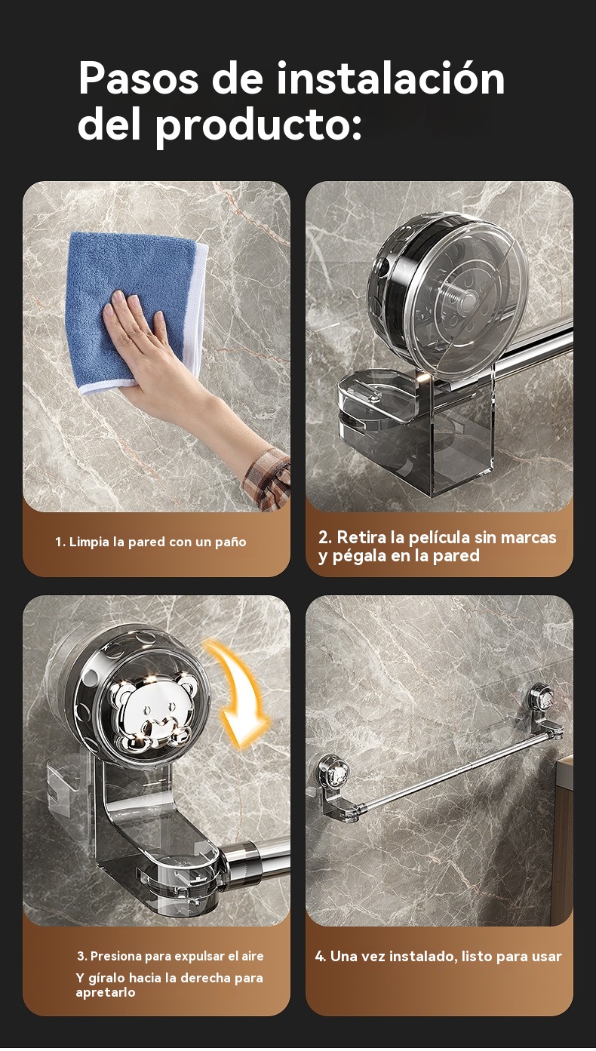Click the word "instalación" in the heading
[x=391, y=78]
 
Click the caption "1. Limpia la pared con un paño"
[x=151, y=542]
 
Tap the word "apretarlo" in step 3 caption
[x=105, y=992]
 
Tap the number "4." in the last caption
[x=321, y=956]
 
